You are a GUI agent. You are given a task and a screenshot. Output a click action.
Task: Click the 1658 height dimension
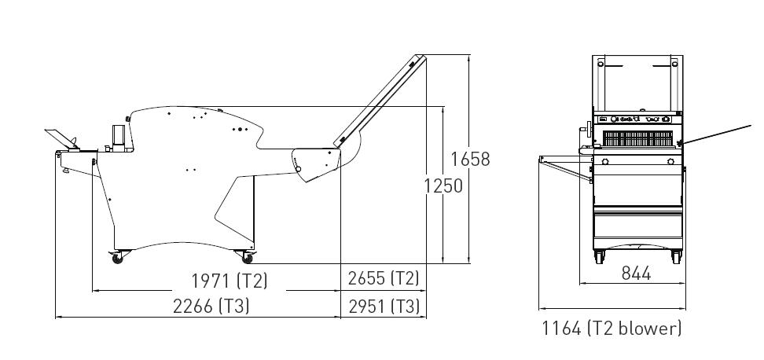click(x=470, y=160)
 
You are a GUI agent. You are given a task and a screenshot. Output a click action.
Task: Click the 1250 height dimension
click(x=443, y=186)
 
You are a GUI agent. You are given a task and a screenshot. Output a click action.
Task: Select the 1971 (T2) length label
click(x=229, y=281)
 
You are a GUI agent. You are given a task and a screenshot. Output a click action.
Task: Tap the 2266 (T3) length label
click(x=211, y=307)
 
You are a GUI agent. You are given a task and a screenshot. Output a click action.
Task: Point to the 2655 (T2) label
click(x=384, y=278)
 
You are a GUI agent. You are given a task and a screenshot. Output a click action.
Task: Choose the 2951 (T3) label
click(x=384, y=307)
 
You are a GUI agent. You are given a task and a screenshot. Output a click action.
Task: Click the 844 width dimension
click(x=637, y=274)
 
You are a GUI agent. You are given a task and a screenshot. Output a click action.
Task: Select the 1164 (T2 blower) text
click(x=612, y=329)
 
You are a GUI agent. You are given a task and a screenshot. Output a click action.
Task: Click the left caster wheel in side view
click(x=117, y=258)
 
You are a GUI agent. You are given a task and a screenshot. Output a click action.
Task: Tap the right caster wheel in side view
click(x=247, y=258)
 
